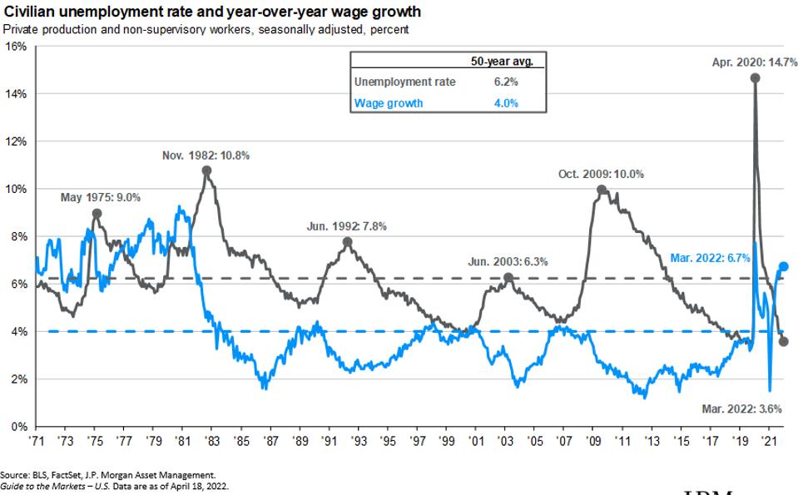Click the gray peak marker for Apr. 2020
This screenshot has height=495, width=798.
755,77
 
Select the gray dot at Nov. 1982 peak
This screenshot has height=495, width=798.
206,171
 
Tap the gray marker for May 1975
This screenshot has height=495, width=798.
97,213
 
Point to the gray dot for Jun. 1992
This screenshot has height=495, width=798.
347,242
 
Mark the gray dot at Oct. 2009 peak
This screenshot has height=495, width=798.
602,190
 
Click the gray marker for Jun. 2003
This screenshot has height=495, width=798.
508,277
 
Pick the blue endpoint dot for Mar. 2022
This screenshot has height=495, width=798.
783,266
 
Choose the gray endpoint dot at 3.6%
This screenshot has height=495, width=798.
783,341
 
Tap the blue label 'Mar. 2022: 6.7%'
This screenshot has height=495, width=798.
711,258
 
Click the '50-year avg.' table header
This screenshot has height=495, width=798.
502,61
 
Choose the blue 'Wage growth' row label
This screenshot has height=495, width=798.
389,103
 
